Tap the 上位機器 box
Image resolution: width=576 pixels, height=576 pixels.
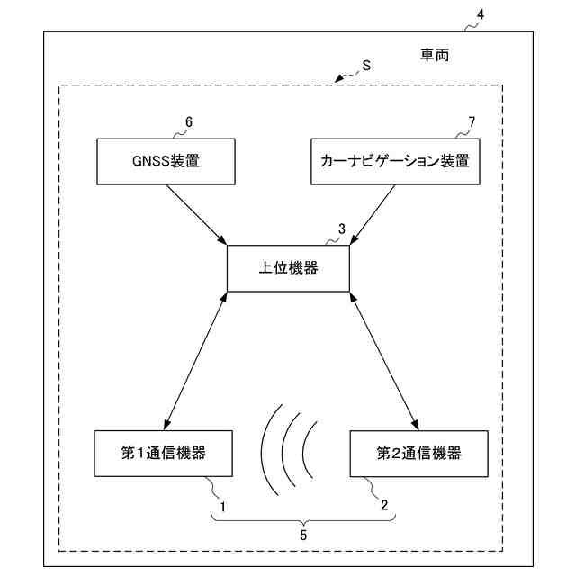(x=288, y=268)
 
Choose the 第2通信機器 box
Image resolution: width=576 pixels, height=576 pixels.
(x=406, y=454)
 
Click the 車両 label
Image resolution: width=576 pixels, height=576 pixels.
(x=435, y=56)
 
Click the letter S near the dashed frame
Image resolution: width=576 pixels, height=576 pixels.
(x=366, y=65)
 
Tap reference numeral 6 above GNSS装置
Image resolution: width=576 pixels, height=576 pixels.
(x=188, y=121)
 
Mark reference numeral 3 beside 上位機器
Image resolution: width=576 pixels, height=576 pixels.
(x=341, y=229)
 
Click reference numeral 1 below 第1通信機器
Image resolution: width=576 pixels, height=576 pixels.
(x=222, y=506)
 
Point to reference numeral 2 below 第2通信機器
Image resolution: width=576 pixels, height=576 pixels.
(x=384, y=506)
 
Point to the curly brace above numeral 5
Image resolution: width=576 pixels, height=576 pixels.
(x=303, y=517)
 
